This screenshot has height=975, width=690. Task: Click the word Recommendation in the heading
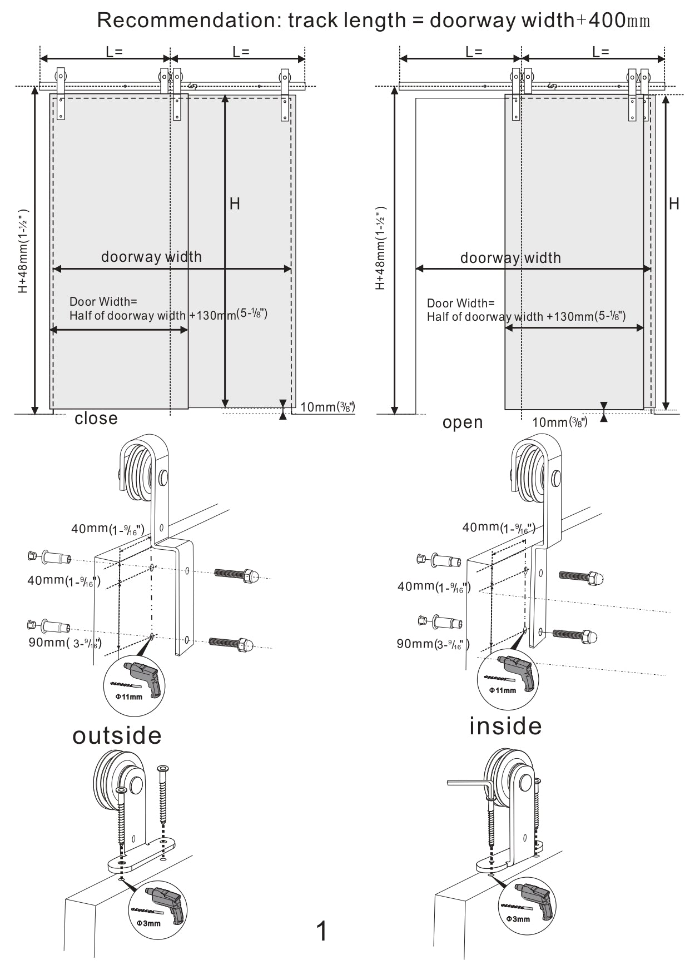point(186,21)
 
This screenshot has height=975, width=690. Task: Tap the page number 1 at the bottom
point(321,931)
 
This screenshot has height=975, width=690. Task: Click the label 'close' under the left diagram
point(96,418)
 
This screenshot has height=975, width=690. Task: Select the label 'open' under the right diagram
point(463,423)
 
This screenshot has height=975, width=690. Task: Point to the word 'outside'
point(117,735)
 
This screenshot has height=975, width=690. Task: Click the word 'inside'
point(505,726)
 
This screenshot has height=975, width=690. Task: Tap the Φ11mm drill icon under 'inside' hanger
point(508,679)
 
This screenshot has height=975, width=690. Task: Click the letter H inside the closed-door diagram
point(235,204)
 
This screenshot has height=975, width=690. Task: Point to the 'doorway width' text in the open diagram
point(510,258)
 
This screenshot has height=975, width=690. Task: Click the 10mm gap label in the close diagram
point(327,407)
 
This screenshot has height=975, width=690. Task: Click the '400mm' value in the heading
point(619,21)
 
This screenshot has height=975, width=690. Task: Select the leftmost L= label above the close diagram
point(114,52)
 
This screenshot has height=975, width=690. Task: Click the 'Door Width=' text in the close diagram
point(103,302)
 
